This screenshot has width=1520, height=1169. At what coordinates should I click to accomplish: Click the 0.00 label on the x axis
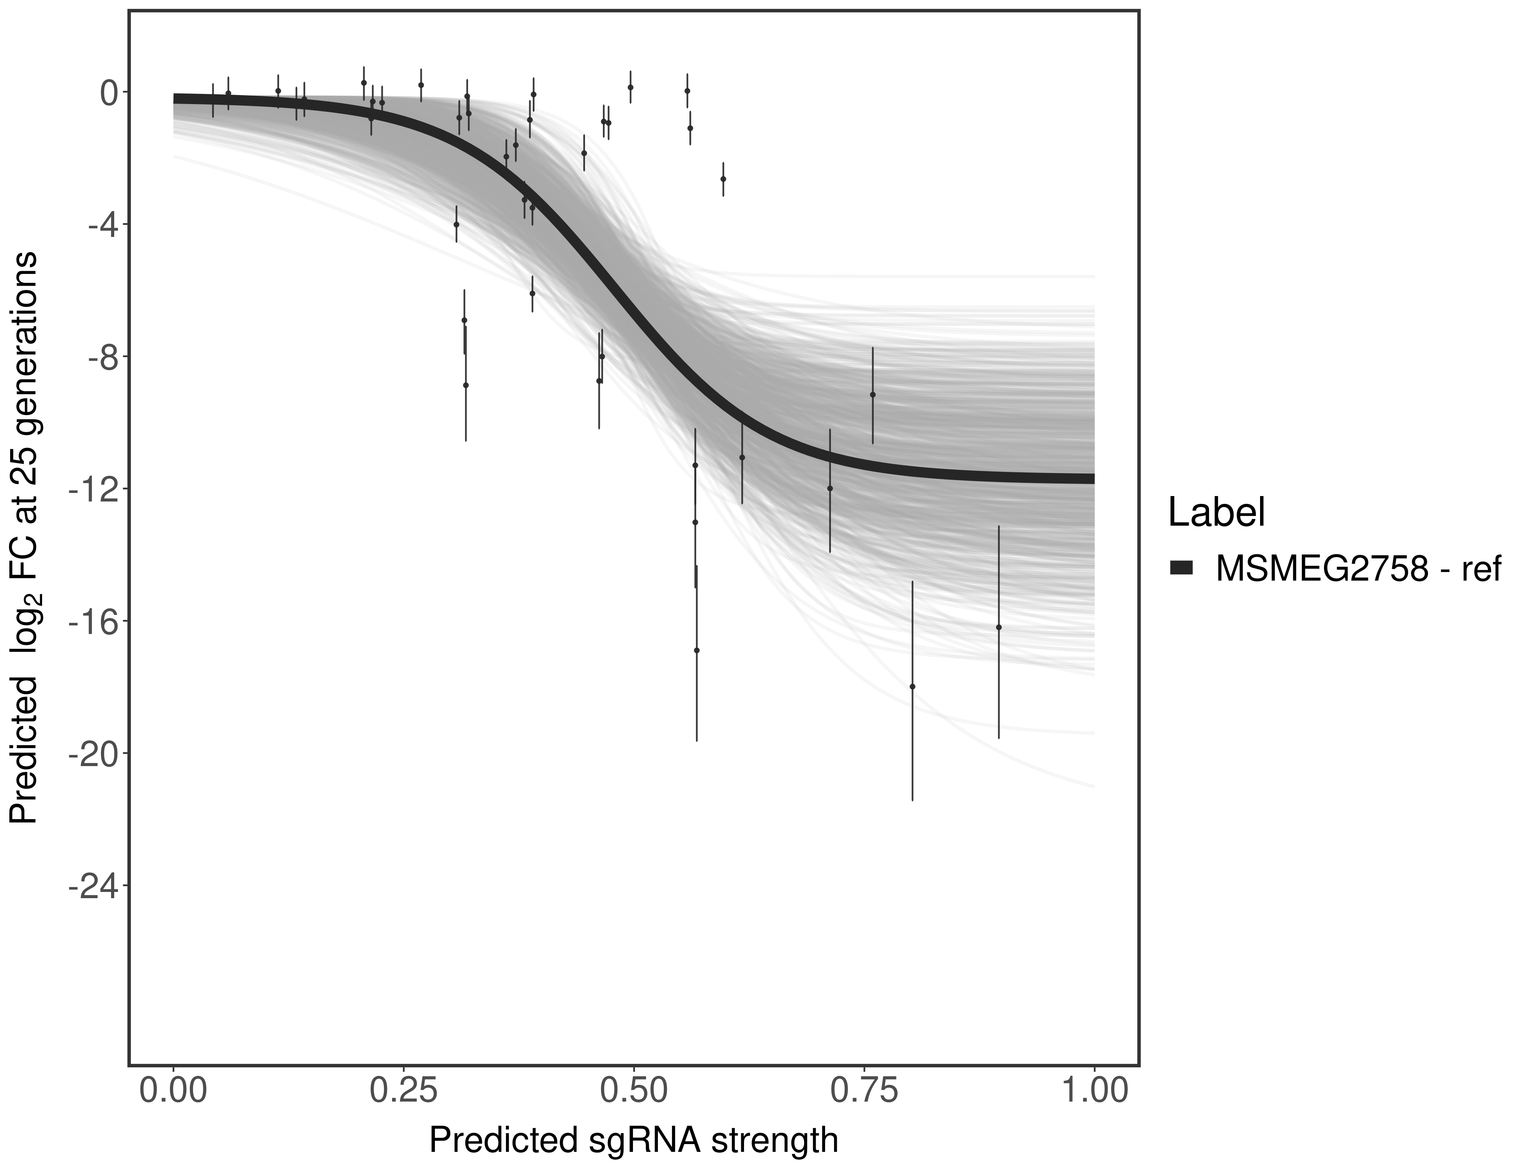coord(173,1090)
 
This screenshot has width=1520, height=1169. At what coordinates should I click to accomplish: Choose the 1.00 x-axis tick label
coord(1094,1090)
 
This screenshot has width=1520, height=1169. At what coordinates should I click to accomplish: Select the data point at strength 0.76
coord(873,394)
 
